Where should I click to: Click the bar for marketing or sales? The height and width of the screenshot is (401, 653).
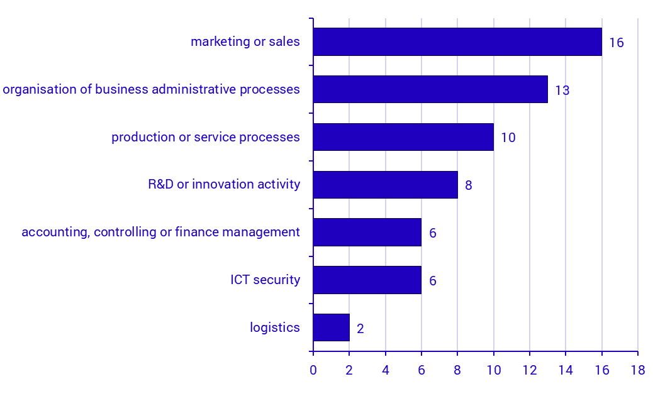click(x=457, y=41)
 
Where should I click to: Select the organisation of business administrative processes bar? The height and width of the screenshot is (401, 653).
click(x=430, y=89)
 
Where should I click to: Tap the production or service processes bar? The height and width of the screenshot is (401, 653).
click(x=403, y=137)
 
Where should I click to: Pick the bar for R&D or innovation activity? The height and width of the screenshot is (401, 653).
click(x=385, y=185)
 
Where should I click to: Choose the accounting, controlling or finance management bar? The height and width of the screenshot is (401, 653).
click(x=367, y=233)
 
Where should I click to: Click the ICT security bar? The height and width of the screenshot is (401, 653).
click(x=367, y=280)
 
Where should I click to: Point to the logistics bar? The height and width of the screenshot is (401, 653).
click(x=331, y=327)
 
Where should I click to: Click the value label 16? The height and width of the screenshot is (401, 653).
click(x=617, y=43)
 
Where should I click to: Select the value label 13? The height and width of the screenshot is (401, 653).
click(x=562, y=91)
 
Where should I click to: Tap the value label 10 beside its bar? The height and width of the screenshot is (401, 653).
click(x=508, y=138)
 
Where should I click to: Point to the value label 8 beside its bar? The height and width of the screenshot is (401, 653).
click(x=468, y=185)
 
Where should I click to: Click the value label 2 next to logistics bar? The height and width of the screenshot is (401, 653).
click(x=360, y=329)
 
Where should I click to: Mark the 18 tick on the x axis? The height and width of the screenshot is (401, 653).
click(x=638, y=370)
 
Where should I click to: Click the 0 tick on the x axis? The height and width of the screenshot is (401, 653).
click(x=313, y=370)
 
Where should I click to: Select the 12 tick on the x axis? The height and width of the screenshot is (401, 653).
click(x=530, y=370)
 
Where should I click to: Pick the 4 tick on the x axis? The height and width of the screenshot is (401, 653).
click(x=385, y=370)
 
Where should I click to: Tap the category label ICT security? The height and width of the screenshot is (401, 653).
click(x=265, y=280)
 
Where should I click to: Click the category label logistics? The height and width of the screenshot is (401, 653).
click(x=274, y=327)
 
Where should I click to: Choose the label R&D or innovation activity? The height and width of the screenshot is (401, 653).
click(x=224, y=185)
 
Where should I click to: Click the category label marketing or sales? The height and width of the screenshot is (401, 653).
click(x=245, y=42)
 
